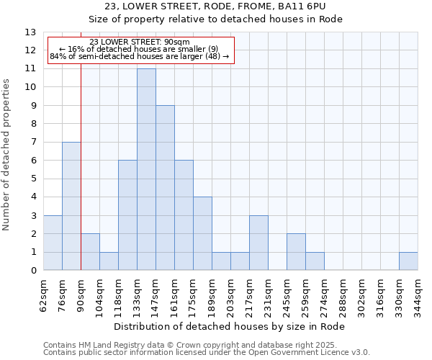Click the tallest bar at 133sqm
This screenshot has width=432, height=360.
[x=146, y=169]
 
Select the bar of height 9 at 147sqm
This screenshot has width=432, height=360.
[x=165, y=188]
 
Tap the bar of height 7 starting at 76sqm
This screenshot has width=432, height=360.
[x=71, y=206]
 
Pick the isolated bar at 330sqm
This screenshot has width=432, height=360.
[x=408, y=261]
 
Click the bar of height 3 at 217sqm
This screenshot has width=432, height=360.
[x=258, y=243]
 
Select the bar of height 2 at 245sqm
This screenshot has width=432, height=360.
[x=296, y=252]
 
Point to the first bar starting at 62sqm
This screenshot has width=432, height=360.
[x=53, y=243]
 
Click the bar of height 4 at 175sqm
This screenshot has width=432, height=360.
[x=202, y=233]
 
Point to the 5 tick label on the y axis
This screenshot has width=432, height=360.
[x=32, y=179]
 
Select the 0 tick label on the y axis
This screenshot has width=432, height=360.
[x=32, y=271]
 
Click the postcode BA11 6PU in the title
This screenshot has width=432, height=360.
[x=305, y=6]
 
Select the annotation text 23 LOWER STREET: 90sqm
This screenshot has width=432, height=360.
[x=140, y=42]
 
